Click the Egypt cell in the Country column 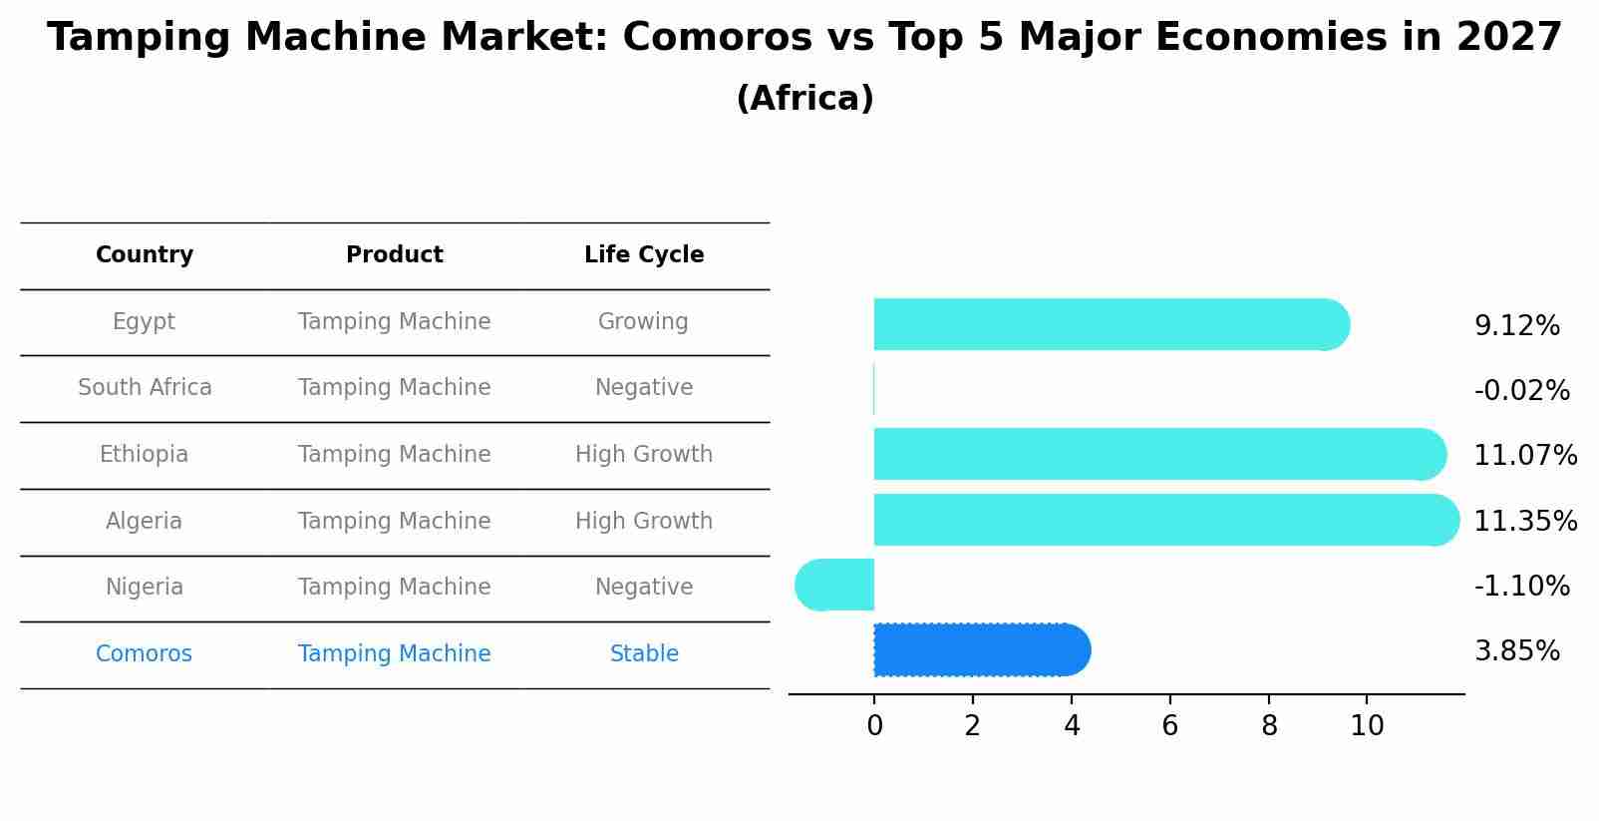pyautogui.click(x=144, y=322)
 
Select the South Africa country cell pyautogui.click(x=145, y=388)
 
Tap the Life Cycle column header pyautogui.click(x=644, y=255)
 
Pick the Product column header pyautogui.click(x=394, y=255)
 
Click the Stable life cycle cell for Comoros pyautogui.click(x=644, y=654)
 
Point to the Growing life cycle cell pyautogui.click(x=643, y=322)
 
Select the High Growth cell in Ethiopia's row pyautogui.click(x=644, y=455)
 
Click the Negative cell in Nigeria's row pyautogui.click(x=644, y=588)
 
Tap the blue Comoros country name pyautogui.click(x=144, y=654)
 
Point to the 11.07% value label pyautogui.click(x=1524, y=456)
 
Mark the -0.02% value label pyautogui.click(x=1521, y=391)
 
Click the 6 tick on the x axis pyautogui.click(x=1169, y=726)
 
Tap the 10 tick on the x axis pyautogui.click(x=1367, y=726)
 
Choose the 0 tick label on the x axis pyautogui.click(x=874, y=726)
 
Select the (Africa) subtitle pyautogui.click(x=804, y=99)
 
